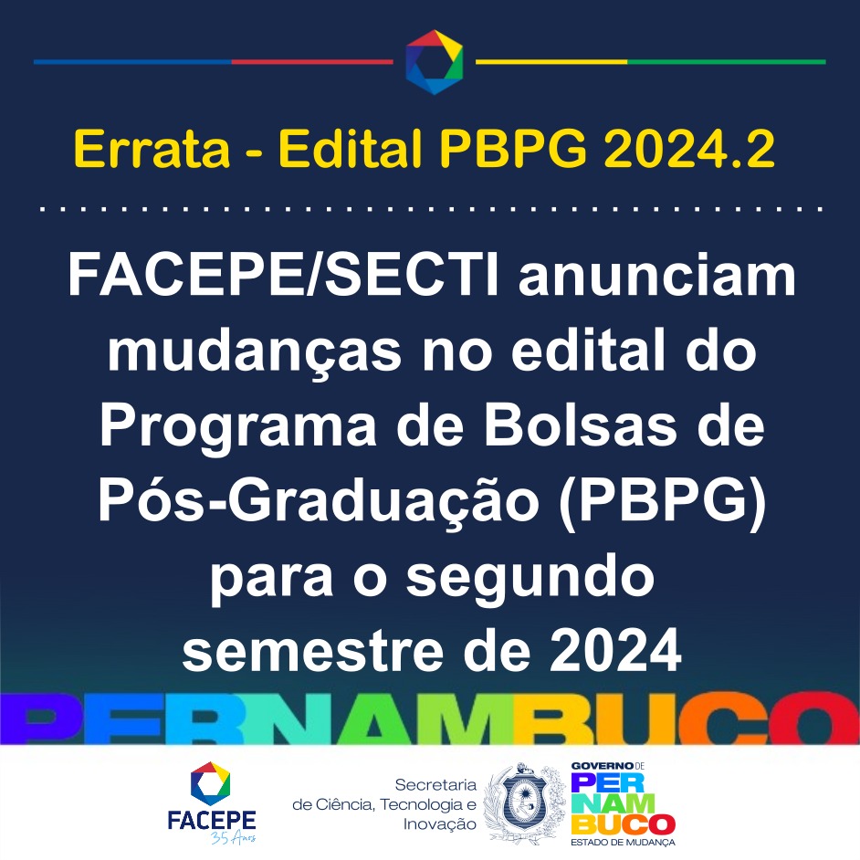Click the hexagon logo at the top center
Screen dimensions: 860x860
[x=435, y=62]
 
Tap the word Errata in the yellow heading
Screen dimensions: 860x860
[x=152, y=149]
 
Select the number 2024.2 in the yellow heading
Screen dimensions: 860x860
[x=689, y=149]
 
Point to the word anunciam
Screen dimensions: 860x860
[x=657, y=279]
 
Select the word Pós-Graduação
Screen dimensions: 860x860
[x=319, y=502]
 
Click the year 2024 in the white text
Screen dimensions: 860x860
[x=615, y=651]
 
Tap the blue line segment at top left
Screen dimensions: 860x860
[x=132, y=62]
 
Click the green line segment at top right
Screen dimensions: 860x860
[x=726, y=62]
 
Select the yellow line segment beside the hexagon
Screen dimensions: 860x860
[x=551, y=62]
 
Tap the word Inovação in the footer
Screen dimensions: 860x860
[x=440, y=824]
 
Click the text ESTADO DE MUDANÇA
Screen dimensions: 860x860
[x=623, y=842]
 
